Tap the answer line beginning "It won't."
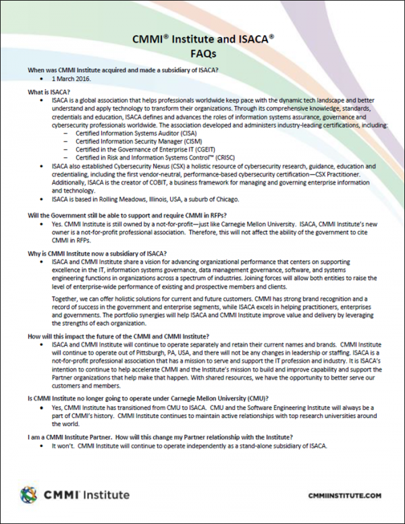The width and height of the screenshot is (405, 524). coord(188,446)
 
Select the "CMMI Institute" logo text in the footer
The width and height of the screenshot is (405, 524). coord(86,496)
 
